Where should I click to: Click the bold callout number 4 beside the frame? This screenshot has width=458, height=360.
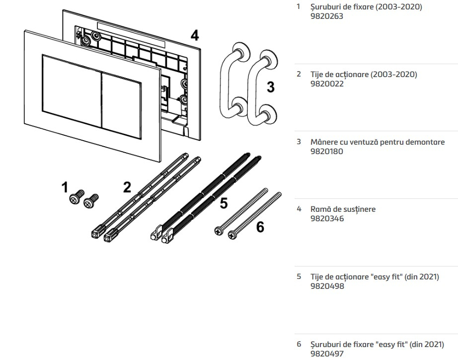[195, 36]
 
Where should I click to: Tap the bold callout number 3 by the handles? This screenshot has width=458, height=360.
[271, 87]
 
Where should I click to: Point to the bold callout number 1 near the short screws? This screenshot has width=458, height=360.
[65, 187]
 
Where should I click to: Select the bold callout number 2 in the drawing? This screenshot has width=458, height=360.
[127, 187]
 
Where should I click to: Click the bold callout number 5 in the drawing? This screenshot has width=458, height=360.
[224, 203]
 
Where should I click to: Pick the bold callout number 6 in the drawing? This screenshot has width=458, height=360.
[260, 227]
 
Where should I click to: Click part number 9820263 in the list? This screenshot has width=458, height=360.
[327, 16]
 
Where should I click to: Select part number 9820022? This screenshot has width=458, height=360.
[327, 84]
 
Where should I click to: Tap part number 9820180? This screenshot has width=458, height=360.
[327, 152]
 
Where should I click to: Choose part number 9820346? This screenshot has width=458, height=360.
[327, 219]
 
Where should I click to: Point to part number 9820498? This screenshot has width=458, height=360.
[327, 286]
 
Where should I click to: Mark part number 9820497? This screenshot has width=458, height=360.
[327, 354]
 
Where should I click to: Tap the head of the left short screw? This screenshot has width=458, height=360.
[74, 199]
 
